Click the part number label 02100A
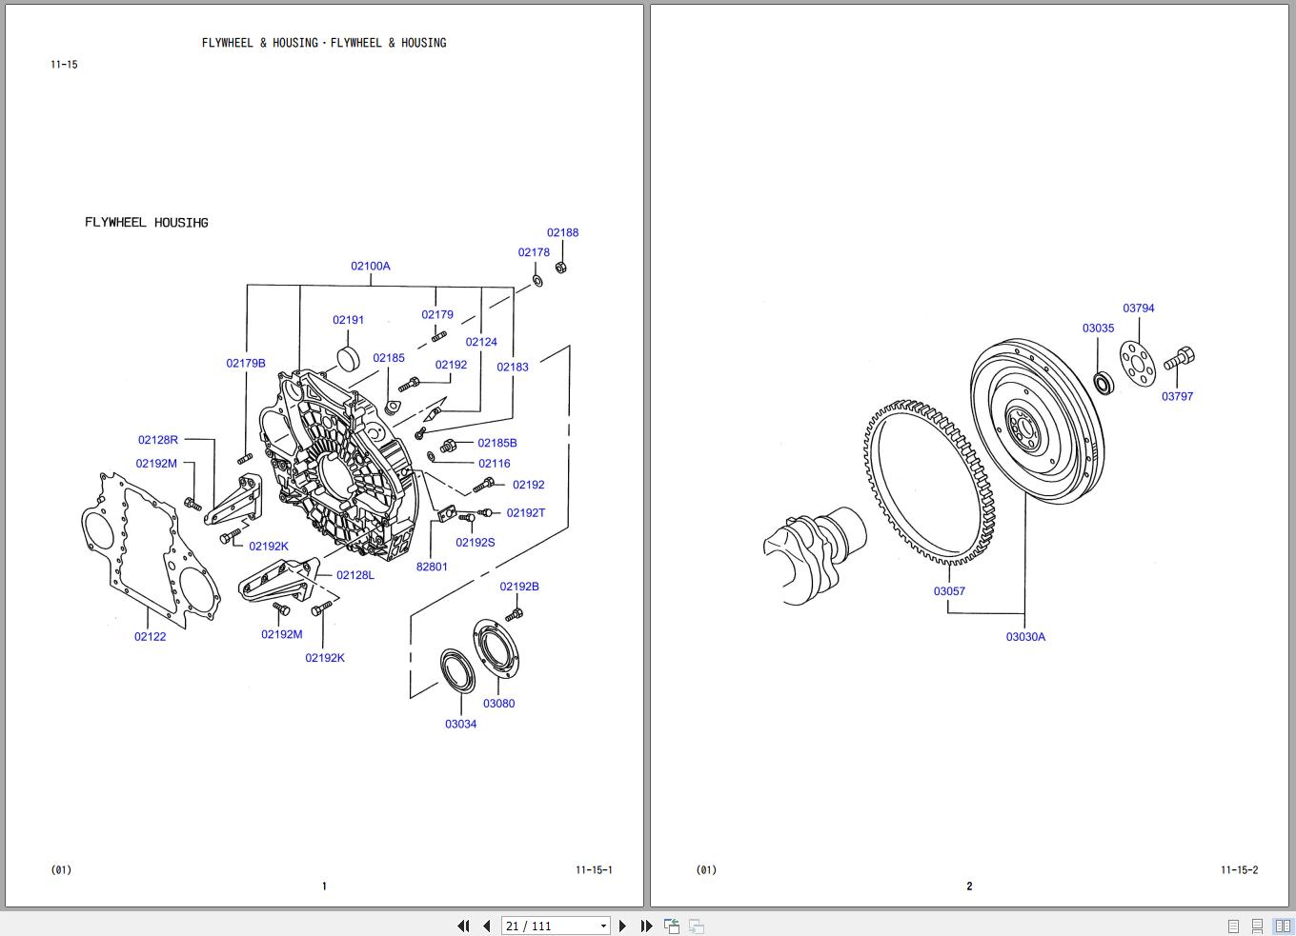(371, 267)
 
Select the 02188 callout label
(562, 232)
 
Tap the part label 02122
(150, 637)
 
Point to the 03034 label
(460, 724)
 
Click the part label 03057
(949, 591)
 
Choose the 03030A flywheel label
(1025, 637)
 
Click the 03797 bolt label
(1177, 396)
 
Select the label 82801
(432, 567)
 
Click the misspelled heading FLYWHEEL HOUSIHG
(147, 223)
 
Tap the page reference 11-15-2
(1239, 869)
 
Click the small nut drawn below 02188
(561, 268)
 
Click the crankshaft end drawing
(814, 552)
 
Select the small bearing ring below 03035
(1104, 384)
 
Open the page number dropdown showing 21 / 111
(603, 926)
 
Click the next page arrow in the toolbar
(623, 926)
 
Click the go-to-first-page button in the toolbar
(463, 926)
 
